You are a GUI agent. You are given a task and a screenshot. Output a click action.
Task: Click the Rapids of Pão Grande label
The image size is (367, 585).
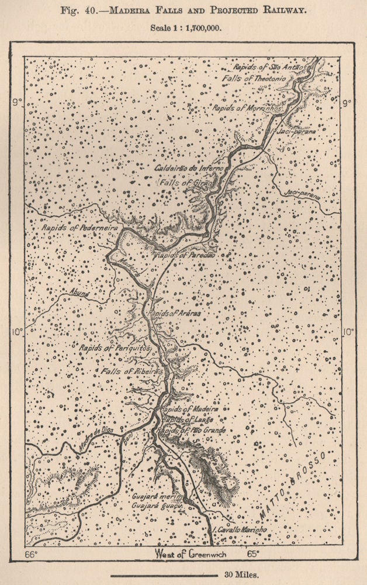[192, 430]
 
